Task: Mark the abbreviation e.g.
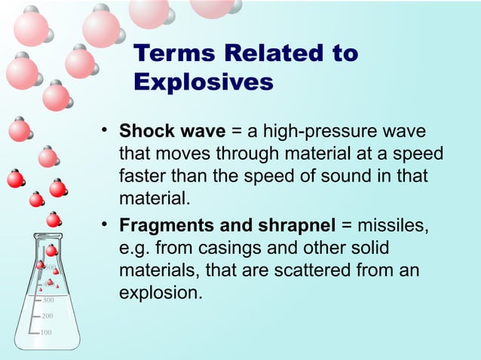(136, 247)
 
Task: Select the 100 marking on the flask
(46, 332)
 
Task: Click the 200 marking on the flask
(47, 316)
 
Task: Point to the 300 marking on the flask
(47, 301)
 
